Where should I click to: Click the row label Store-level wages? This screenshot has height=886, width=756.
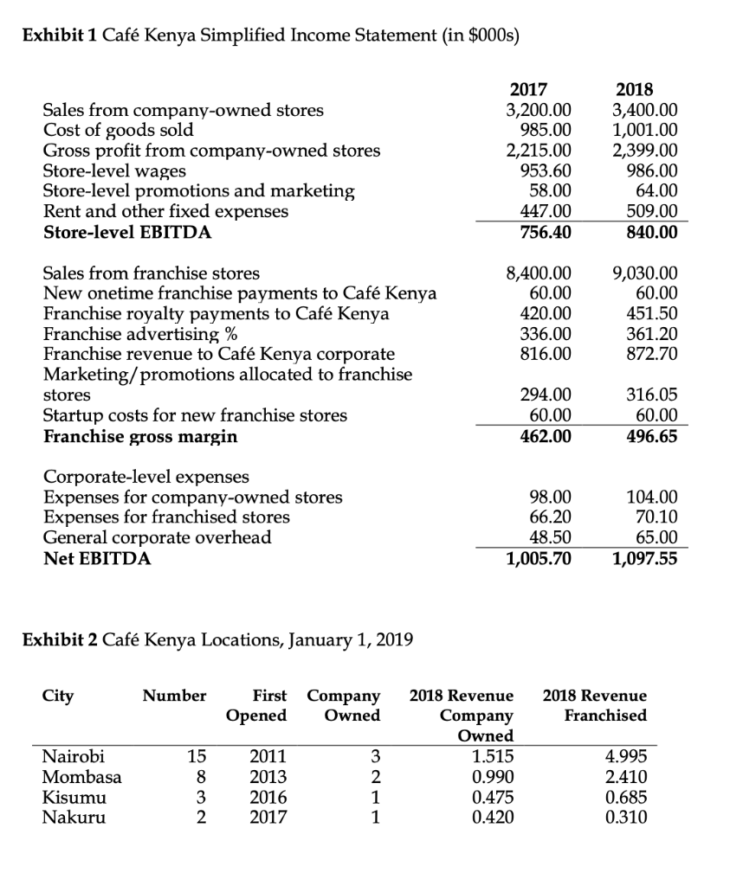pyautogui.click(x=114, y=170)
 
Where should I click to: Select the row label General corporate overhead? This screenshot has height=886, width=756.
pyautogui.click(x=157, y=537)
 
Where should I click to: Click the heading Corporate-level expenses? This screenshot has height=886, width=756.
pyautogui.click(x=145, y=477)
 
